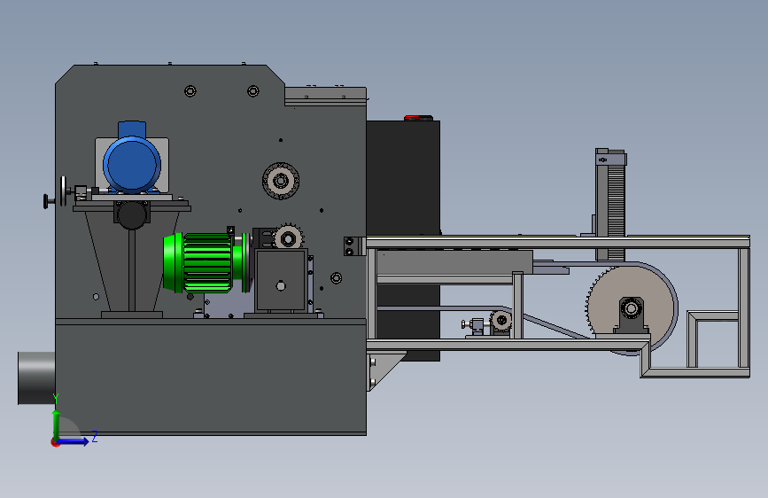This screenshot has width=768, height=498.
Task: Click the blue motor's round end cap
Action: pyautogui.click(x=132, y=165)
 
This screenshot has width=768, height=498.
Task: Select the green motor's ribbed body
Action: pyautogui.click(x=207, y=262)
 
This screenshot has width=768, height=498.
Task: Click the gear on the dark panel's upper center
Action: pyautogui.click(x=281, y=181)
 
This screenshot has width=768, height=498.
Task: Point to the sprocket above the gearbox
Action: pyautogui.click(x=288, y=238)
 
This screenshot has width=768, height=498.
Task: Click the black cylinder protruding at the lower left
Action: pyautogui.click(x=36, y=377)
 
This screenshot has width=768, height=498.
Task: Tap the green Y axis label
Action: pyautogui.click(x=56, y=399)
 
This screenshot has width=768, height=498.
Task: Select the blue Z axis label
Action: pyautogui.click(x=95, y=436)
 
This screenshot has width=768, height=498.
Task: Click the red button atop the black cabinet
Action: pyautogui.click(x=412, y=118)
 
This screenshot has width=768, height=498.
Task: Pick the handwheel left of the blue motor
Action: pyautogui.click(x=63, y=191)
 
